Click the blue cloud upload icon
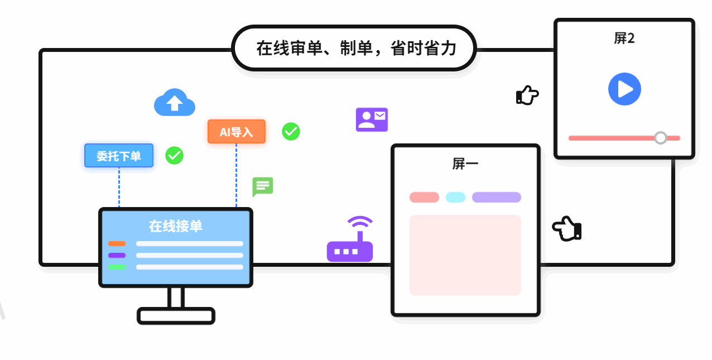click(175, 103)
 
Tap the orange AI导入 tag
click(237, 132)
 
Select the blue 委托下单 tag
click(119, 156)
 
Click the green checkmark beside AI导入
click(291, 131)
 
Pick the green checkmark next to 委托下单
click(175, 155)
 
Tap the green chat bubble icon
click(263, 186)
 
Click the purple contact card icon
click(372, 119)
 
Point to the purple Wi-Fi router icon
click(350, 241)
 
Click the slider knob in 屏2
click(660, 138)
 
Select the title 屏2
click(624, 39)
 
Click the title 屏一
click(465, 164)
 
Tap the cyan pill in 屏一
click(455, 197)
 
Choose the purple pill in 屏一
click(496, 197)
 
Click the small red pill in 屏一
click(424, 197)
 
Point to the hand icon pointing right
click(527, 95)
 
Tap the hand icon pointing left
click(567, 229)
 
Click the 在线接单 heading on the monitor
click(175, 226)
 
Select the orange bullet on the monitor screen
click(117, 243)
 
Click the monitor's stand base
click(176, 316)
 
